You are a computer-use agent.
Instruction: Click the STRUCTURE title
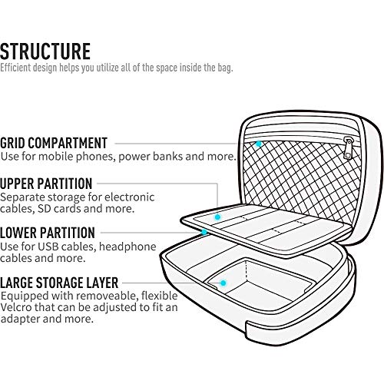pos(45,51)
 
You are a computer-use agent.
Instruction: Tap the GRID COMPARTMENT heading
pos(54,143)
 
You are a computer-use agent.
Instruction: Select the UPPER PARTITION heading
pos(46,184)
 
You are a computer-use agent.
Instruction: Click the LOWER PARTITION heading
pos(48,233)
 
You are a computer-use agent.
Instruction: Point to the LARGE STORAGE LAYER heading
pos(59,283)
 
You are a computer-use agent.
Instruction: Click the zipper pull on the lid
pos(348,148)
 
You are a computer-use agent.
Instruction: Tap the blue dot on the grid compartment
pos(259,144)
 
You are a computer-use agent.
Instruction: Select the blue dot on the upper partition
pos(217,217)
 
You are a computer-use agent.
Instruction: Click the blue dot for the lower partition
pos(204,232)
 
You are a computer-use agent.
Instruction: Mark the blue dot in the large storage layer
pos(223,283)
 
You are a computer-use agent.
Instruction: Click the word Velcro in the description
pos(16,307)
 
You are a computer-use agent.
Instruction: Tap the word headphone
pos(127,247)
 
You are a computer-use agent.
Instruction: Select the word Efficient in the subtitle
pos(15,68)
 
